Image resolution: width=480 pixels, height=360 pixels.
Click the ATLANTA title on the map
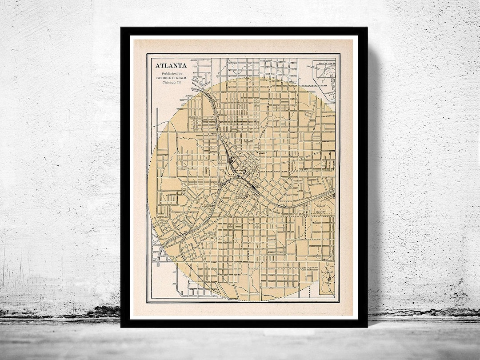pyautogui.click(x=171, y=65)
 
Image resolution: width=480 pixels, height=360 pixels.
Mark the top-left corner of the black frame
pyautogui.click(x=121, y=28)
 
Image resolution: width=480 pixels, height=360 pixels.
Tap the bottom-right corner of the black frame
pyautogui.click(x=367, y=327)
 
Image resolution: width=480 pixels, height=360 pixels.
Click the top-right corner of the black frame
pyautogui.click(x=367, y=28)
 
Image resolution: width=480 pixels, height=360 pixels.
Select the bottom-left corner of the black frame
pyautogui.click(x=121, y=327)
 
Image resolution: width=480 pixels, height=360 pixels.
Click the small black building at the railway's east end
pyautogui.click(x=333, y=195)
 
